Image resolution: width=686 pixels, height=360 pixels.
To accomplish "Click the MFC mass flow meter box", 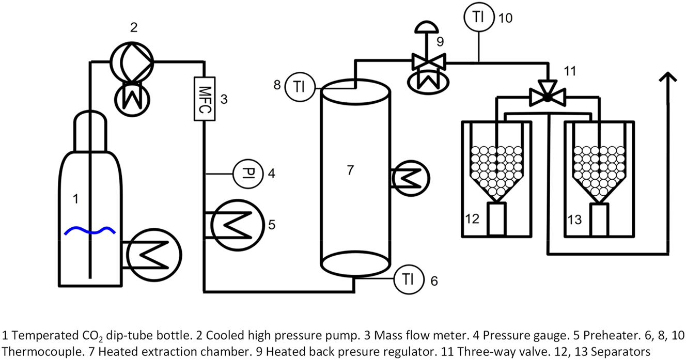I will pos(205,99).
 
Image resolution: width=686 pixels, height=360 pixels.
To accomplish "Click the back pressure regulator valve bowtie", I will pos(428,62).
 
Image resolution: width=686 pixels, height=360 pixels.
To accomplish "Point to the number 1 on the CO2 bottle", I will pos(76,198).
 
